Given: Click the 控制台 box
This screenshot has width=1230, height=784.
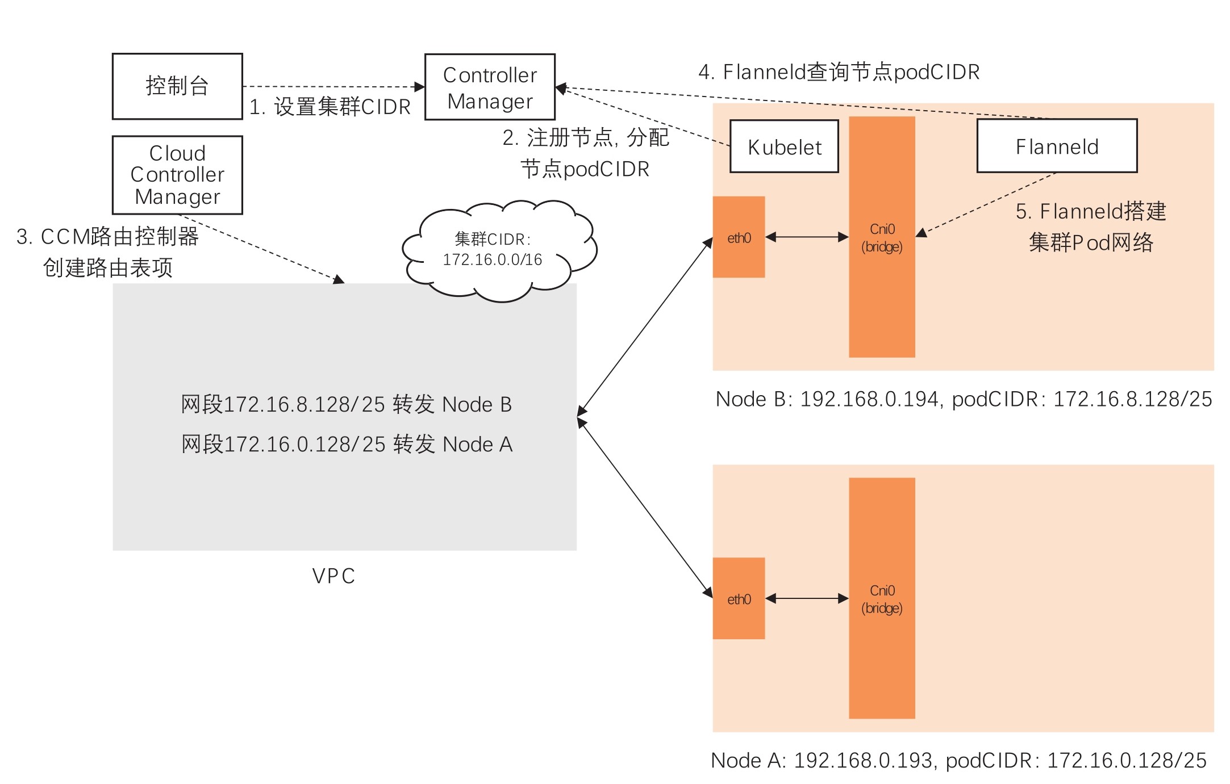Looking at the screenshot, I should point(177,86).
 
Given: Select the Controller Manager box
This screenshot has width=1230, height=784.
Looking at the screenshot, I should point(490,87).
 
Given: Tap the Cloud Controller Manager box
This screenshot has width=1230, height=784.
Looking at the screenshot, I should point(177,175).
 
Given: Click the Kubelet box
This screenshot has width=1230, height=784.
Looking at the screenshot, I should point(784,146).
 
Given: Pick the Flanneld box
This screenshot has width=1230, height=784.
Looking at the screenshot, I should point(1057,146).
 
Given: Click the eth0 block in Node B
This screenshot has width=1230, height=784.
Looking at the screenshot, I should point(739,237).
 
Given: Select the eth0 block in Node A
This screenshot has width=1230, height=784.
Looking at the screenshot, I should point(739,599).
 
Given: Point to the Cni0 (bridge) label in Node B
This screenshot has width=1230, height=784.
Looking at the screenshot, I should point(882,238).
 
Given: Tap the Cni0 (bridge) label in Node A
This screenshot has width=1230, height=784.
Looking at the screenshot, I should point(882,599).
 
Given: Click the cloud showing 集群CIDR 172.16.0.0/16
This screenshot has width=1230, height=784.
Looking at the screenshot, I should point(493,250).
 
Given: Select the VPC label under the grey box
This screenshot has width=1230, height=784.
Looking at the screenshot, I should point(333,576).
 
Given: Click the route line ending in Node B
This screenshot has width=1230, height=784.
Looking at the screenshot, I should point(347,404).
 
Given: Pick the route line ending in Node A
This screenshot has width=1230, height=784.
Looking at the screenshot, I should point(347,444).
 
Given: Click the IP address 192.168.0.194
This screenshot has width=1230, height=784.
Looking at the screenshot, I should point(869,399).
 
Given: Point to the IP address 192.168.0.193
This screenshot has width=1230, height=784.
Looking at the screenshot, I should point(863,761).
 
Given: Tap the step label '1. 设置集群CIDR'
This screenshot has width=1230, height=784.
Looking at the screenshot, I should point(330,107).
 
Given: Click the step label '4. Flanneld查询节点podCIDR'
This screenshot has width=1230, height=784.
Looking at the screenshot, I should point(839,72).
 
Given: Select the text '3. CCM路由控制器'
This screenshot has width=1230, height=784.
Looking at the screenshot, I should point(107,237).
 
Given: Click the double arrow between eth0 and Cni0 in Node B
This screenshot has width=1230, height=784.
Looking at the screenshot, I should point(807,237).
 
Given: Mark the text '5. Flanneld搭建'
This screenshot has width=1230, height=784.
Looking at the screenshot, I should point(1091,211).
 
